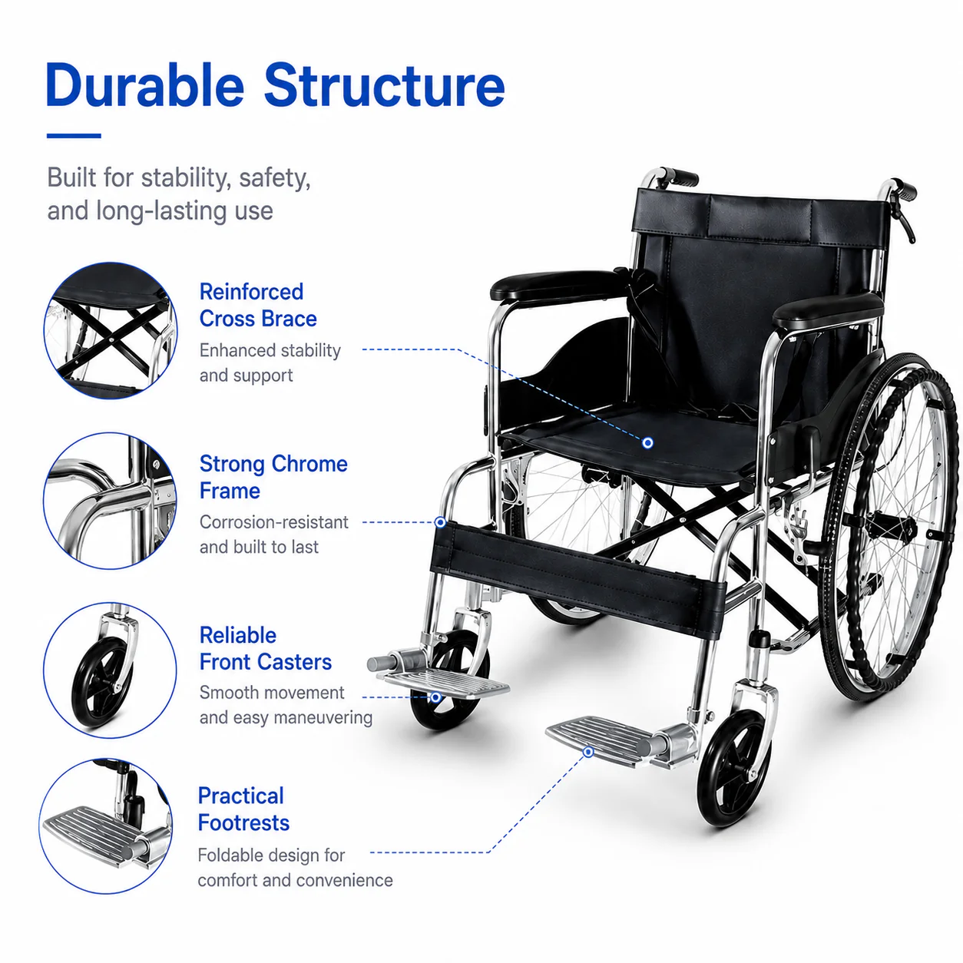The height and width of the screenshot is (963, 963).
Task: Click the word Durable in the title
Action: pyautogui.click(x=145, y=84)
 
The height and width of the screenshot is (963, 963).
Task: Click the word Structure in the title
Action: pyautogui.click(x=384, y=85)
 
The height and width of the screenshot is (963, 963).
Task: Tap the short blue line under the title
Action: pyautogui.click(x=74, y=135)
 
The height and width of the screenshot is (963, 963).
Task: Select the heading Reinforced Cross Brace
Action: pyautogui.click(x=258, y=305)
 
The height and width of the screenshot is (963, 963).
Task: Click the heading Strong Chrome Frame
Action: pyautogui.click(x=273, y=477)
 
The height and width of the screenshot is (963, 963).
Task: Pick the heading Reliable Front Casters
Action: pyautogui.click(x=266, y=648)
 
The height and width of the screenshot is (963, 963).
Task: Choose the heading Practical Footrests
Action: pyautogui.click(x=243, y=809)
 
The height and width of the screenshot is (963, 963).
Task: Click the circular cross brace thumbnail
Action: pyautogui.click(x=111, y=330)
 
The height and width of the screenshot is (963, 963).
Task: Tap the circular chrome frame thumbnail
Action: pyautogui.click(x=110, y=500)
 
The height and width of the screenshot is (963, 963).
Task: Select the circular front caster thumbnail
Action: pyautogui.click(x=110, y=670)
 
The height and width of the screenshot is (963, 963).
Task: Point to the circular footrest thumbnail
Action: pyautogui.click(x=106, y=826)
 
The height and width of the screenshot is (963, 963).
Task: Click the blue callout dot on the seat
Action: pyautogui.click(x=647, y=442)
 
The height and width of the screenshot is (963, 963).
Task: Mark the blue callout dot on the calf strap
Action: pyautogui.click(x=440, y=522)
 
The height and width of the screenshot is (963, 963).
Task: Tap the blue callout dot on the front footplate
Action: pyautogui.click(x=589, y=752)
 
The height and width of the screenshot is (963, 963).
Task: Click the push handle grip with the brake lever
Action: pyautogui.click(x=904, y=190)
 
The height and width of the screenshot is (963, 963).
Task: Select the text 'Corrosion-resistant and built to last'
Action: pyautogui.click(x=274, y=534)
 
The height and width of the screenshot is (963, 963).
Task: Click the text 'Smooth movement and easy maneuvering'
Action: pyautogui.click(x=286, y=705)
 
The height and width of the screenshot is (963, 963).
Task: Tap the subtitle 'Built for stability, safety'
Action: pyautogui.click(x=179, y=177)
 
